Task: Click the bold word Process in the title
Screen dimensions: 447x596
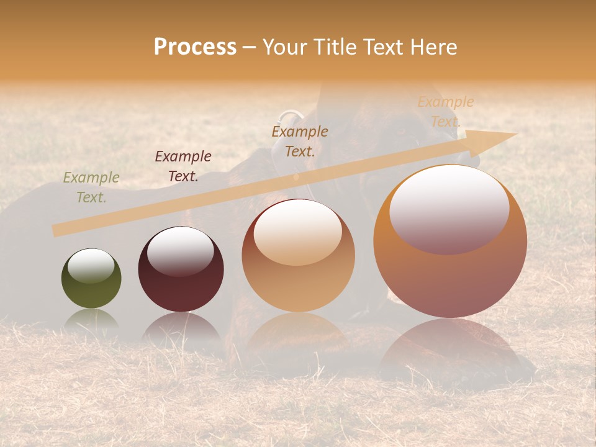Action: (x=195, y=47)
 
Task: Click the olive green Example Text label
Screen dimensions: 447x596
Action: (x=91, y=187)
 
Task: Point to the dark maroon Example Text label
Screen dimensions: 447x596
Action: (x=183, y=166)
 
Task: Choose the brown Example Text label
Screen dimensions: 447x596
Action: (x=300, y=141)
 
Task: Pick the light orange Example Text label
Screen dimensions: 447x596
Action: (x=446, y=112)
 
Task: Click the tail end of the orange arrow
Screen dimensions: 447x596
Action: (x=56, y=230)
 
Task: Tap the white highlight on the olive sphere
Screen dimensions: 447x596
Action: (x=91, y=266)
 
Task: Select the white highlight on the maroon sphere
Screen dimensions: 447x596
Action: (x=181, y=251)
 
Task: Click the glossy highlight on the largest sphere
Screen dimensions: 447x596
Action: (x=449, y=208)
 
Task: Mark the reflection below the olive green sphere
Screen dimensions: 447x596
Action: (x=91, y=319)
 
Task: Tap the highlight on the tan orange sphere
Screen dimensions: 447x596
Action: (x=298, y=233)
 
